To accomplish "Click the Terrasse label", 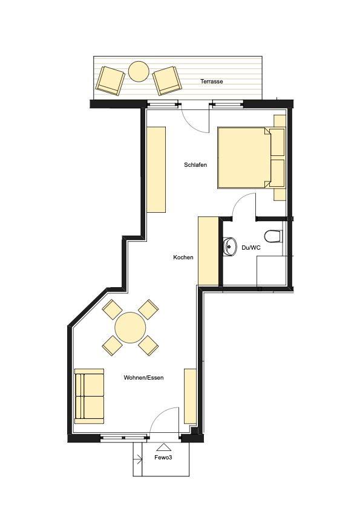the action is (x=212, y=82).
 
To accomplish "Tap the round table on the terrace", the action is (x=139, y=71).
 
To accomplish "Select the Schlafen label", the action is (x=195, y=165).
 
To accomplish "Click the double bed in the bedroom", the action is (x=251, y=158).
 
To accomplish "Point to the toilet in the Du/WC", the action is (x=273, y=236).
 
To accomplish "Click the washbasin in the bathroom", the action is (x=230, y=247).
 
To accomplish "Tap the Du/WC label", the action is (x=251, y=248).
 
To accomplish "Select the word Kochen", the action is (x=183, y=258).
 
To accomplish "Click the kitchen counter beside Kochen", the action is (x=208, y=251).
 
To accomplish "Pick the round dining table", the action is (x=130, y=328).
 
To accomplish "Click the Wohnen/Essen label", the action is (x=143, y=378).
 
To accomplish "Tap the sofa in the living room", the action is (x=90, y=396).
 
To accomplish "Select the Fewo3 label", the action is (x=163, y=458).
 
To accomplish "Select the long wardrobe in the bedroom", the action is (x=156, y=170).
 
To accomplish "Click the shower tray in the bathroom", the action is (x=272, y=271).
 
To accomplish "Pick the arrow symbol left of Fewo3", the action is (x=139, y=459).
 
